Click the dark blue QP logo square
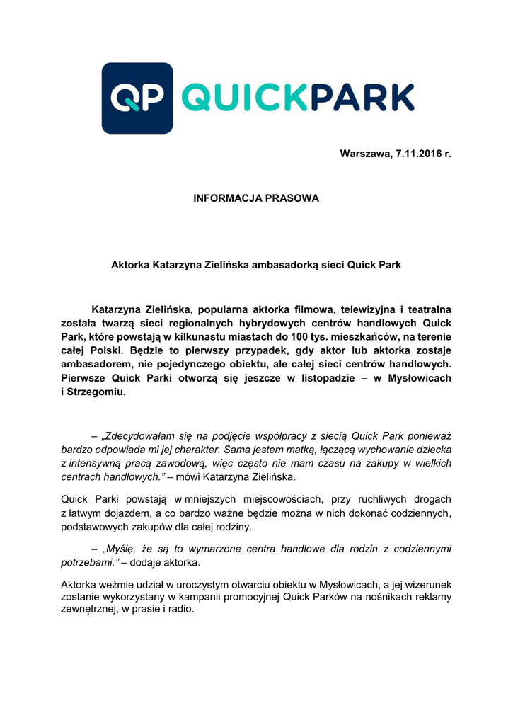coord(137,98)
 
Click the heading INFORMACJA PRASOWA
coord(256,198)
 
